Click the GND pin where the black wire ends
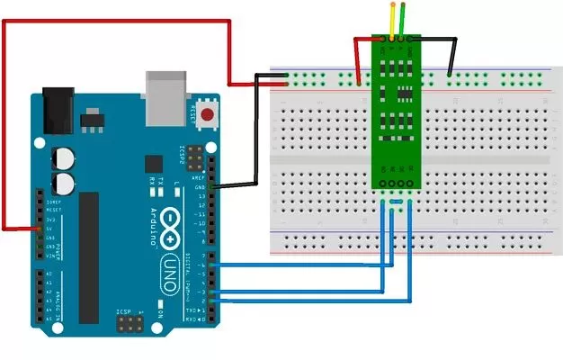(x=213, y=186)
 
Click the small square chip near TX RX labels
(x=154, y=166)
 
